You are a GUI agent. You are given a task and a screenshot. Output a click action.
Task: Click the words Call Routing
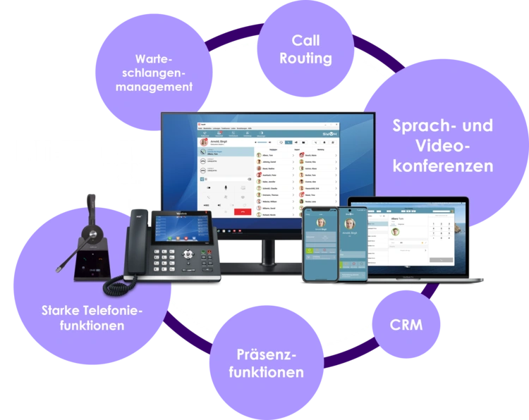[x=305, y=49]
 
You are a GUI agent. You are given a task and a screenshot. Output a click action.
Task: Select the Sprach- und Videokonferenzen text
[x=442, y=146]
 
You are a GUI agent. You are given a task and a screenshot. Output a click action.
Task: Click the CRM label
[x=406, y=325]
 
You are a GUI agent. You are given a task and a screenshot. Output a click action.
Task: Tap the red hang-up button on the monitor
[x=245, y=211]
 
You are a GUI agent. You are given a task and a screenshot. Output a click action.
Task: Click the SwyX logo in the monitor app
[x=332, y=132]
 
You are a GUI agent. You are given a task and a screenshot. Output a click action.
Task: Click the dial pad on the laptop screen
[x=441, y=233]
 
